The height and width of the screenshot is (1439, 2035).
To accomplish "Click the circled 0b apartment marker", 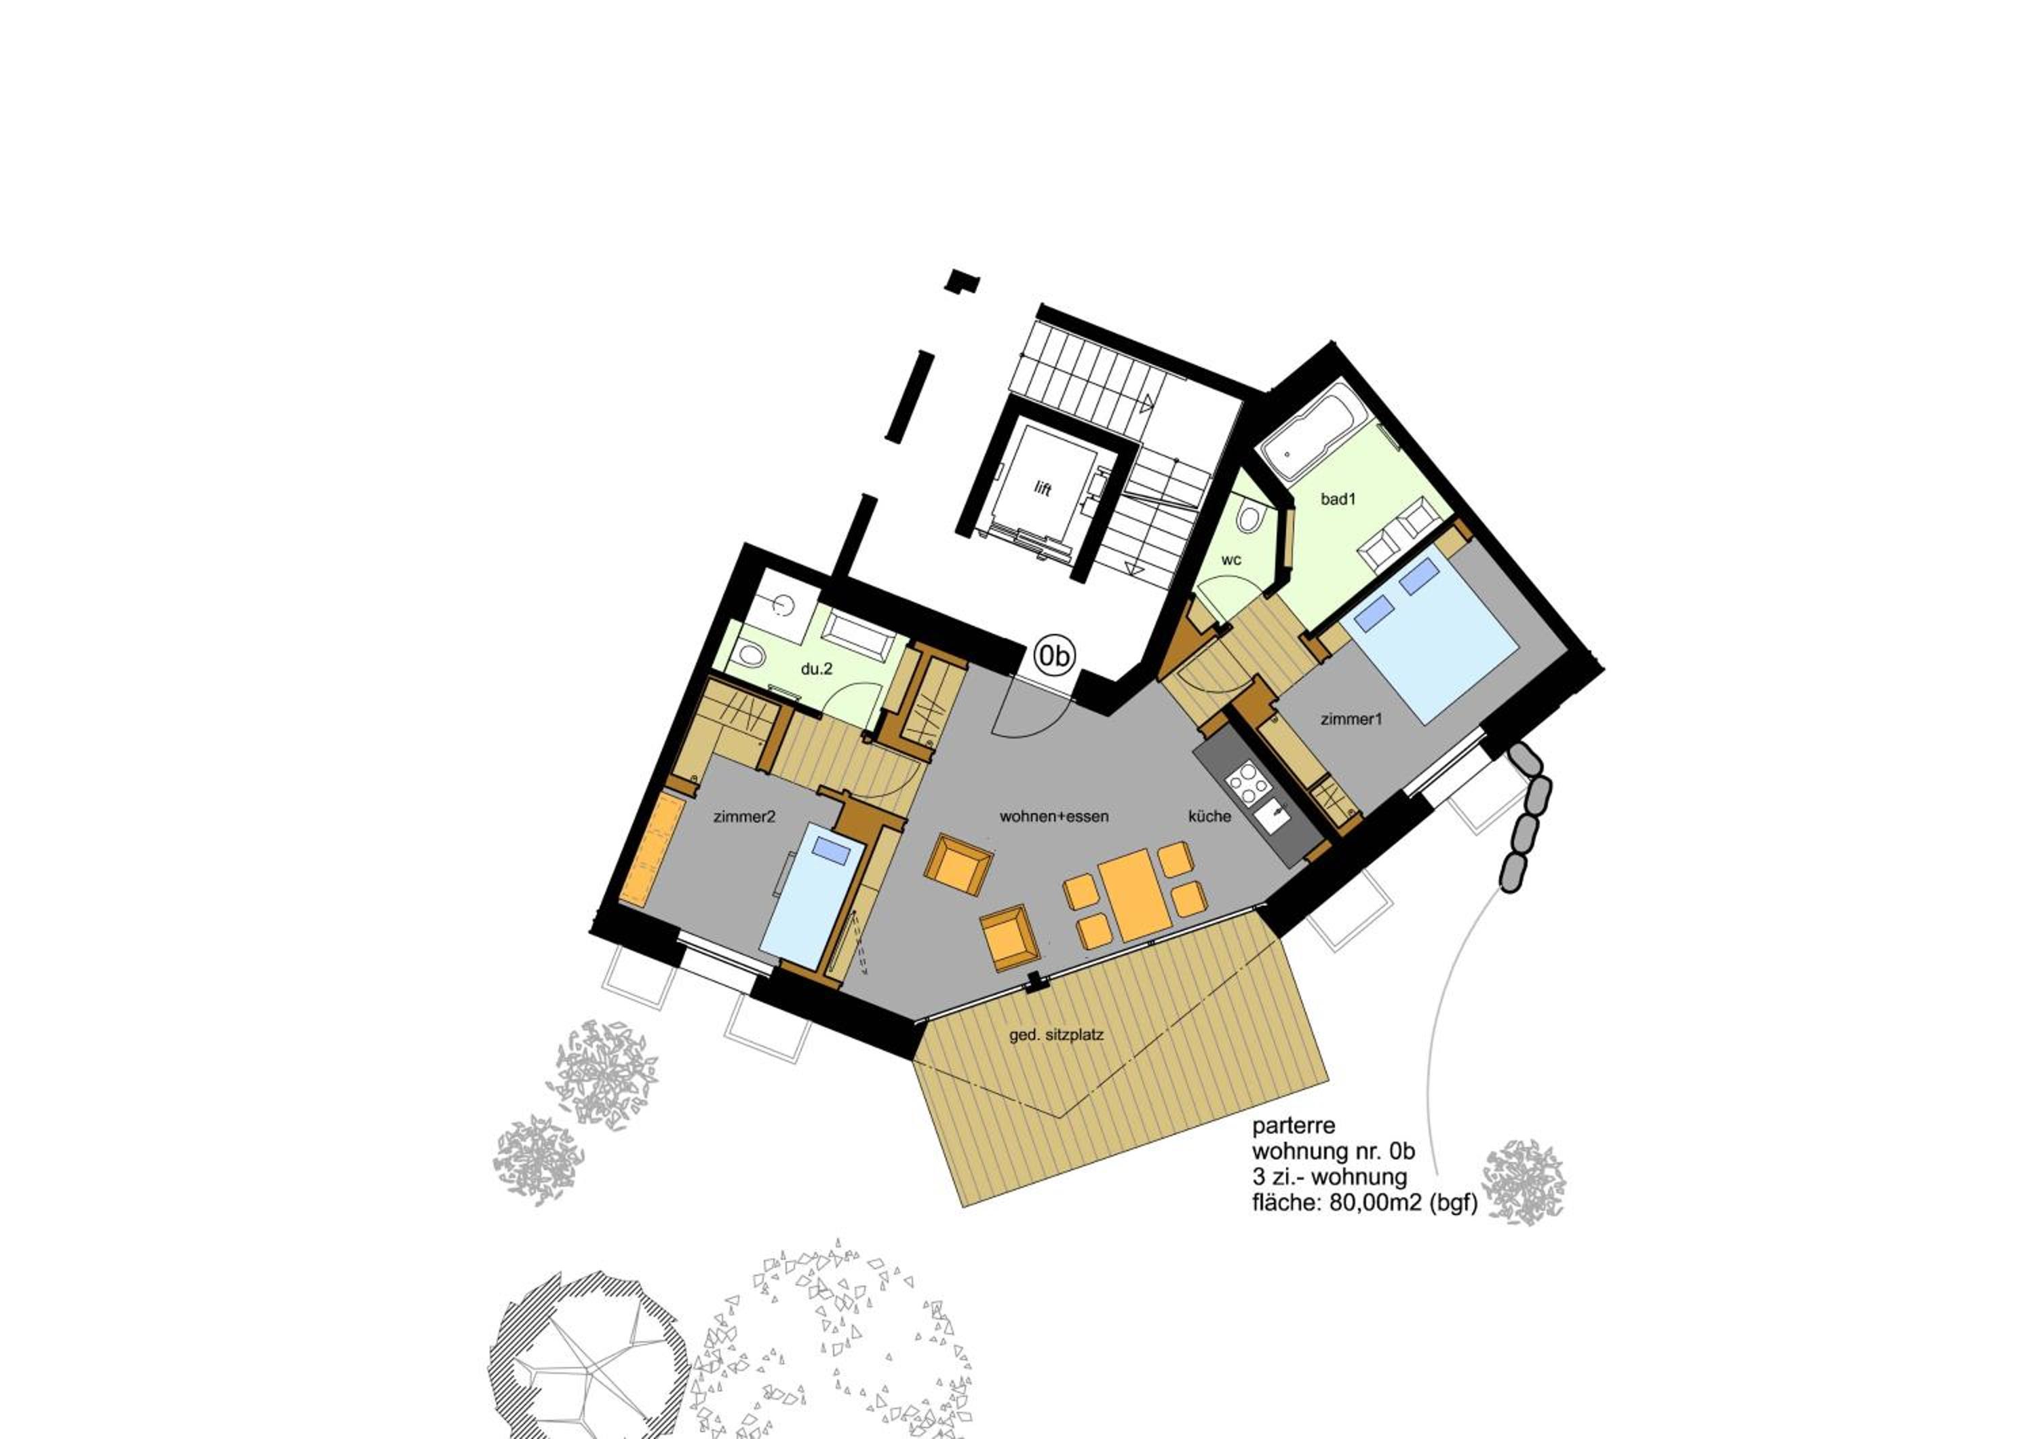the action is [1055, 656].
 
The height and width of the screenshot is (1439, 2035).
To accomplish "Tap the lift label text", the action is [1043, 489].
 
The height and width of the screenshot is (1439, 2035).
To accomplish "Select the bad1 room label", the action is [1338, 499].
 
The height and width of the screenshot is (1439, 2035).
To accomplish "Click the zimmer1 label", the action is [1351, 719].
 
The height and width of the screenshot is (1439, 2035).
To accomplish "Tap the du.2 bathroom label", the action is [816, 669].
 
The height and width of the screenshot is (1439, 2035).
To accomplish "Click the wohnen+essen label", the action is [1054, 817].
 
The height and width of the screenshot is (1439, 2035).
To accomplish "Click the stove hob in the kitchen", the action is [1247, 784].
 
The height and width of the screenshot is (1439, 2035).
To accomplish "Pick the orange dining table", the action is [1134, 895].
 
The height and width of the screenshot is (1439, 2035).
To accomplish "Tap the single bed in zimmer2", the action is [813, 895].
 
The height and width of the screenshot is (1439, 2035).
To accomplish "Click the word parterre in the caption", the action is [1293, 1127].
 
